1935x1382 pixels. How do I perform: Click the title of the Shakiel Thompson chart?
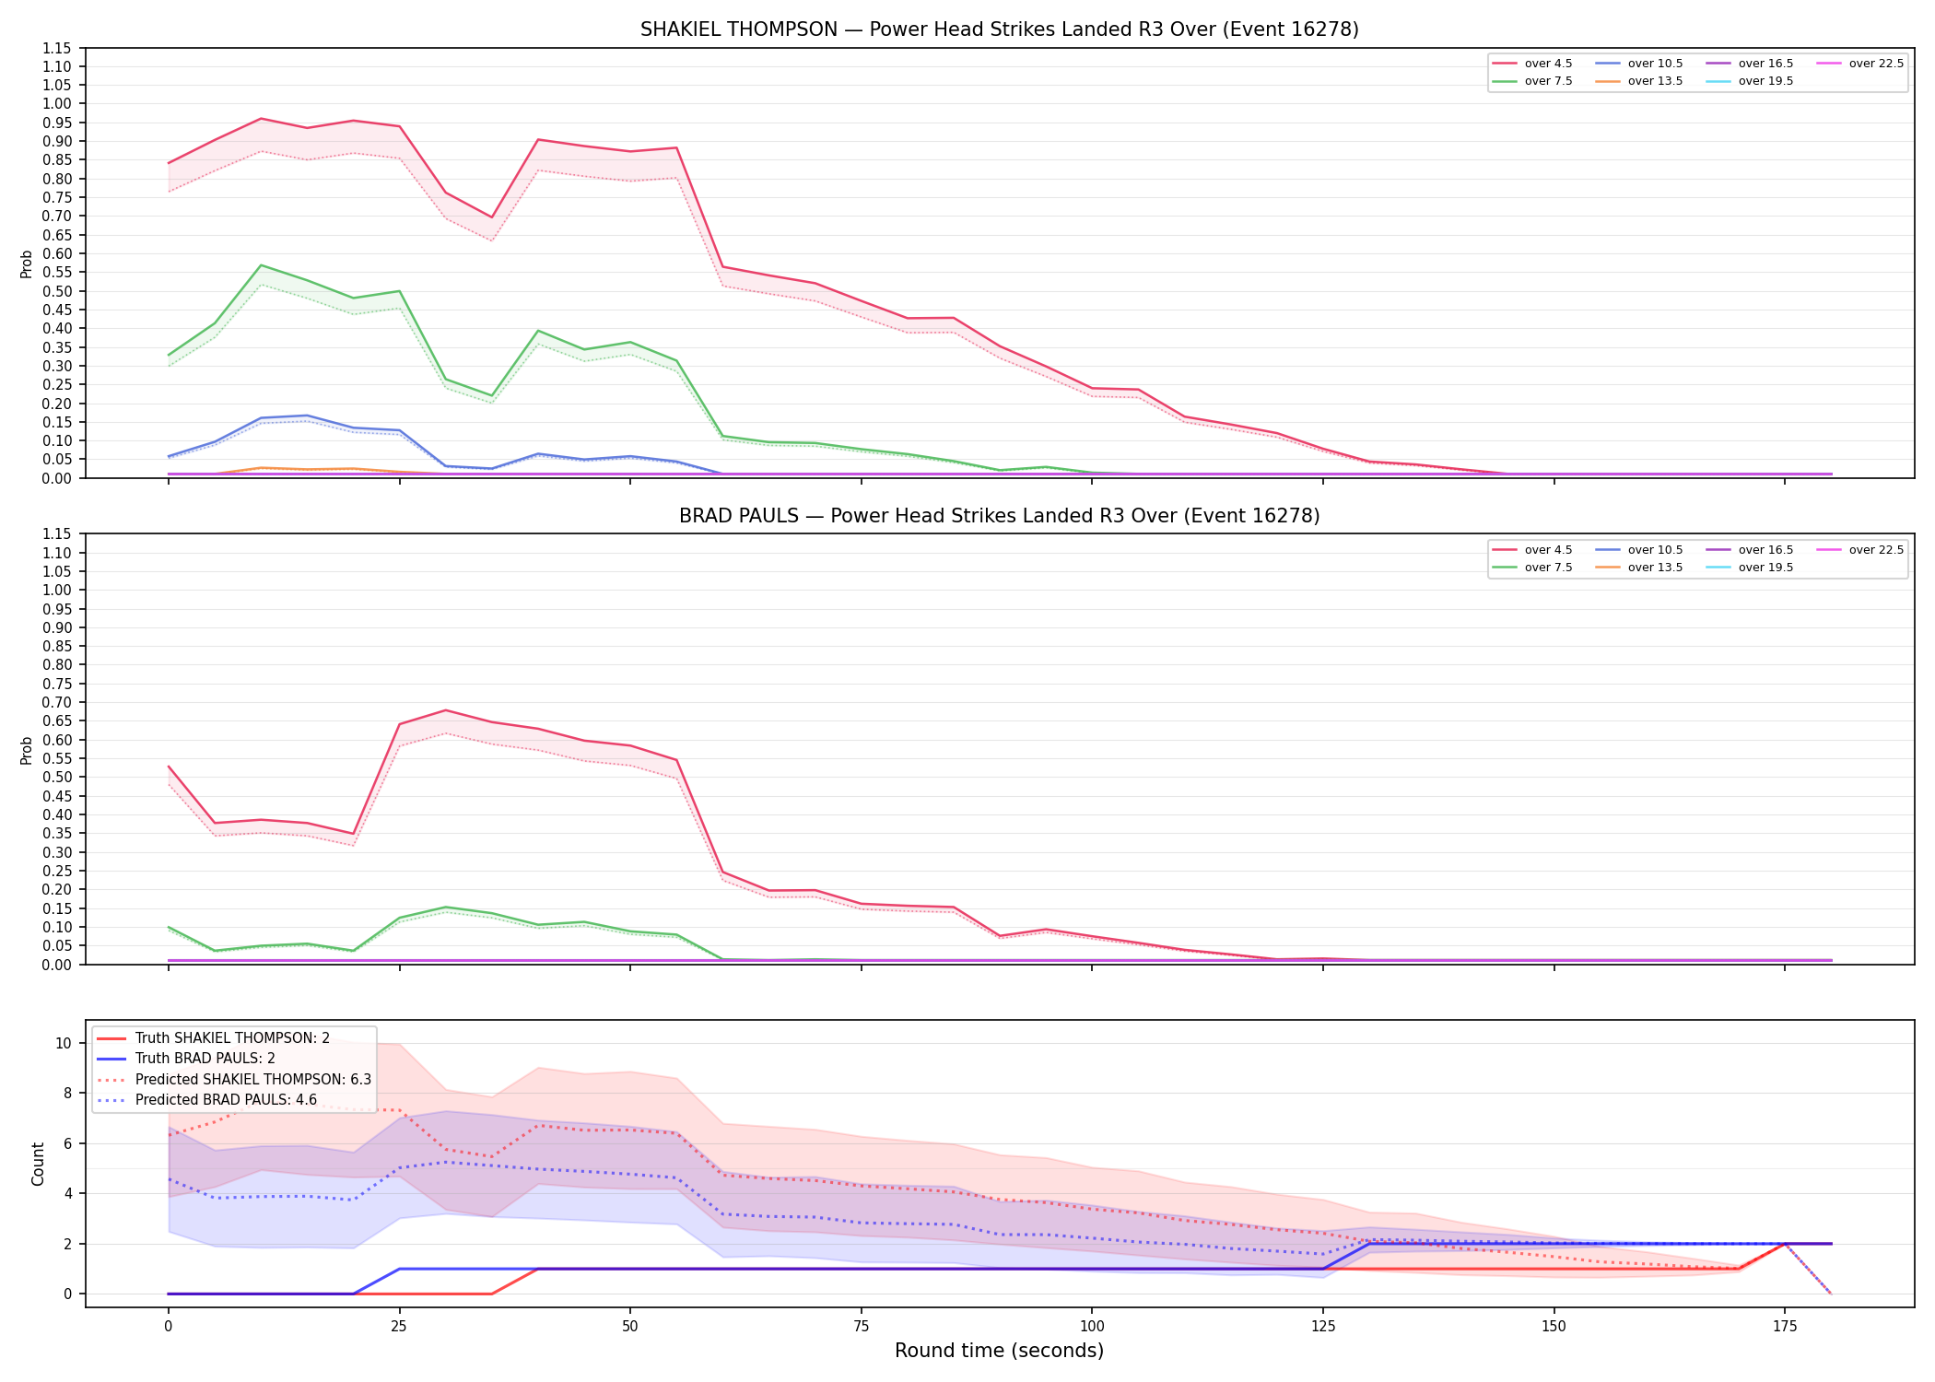(x=999, y=29)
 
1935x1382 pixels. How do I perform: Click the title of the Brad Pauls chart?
(x=999, y=516)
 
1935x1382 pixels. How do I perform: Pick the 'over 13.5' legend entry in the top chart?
(x=1639, y=81)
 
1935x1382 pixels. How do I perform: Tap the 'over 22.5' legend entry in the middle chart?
(x=1860, y=550)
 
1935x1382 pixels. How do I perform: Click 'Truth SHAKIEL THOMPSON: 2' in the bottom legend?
(x=213, y=1038)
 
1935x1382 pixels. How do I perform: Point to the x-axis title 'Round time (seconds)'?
(x=999, y=1351)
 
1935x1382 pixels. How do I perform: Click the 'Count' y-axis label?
(x=38, y=1164)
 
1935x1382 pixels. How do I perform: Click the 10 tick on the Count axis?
(x=64, y=1044)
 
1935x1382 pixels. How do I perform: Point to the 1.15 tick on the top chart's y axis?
(x=56, y=48)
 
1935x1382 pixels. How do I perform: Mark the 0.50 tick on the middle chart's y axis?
(x=56, y=778)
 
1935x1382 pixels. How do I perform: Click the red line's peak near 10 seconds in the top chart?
(x=261, y=118)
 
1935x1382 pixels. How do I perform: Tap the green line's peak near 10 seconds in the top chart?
(x=261, y=265)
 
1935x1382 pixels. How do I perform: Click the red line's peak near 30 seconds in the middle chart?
(x=445, y=710)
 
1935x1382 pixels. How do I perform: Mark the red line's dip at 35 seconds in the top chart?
(x=491, y=218)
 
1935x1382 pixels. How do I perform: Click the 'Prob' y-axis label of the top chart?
(x=27, y=264)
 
